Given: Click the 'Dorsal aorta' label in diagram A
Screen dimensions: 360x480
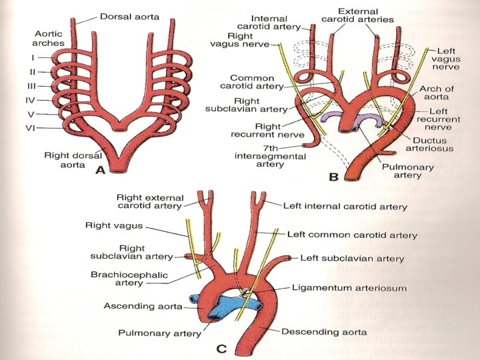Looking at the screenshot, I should [131, 16].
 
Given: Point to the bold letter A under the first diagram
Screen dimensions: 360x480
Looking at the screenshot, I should [100, 171].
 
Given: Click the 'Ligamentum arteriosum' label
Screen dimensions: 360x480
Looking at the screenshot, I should [349, 288].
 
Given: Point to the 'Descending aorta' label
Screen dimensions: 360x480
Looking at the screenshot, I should [324, 331].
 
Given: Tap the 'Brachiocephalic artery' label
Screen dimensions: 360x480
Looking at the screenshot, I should [129, 279].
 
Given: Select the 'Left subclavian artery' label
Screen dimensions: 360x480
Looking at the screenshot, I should [352, 258].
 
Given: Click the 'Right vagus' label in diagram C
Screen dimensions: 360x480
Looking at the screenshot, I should [111, 226].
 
